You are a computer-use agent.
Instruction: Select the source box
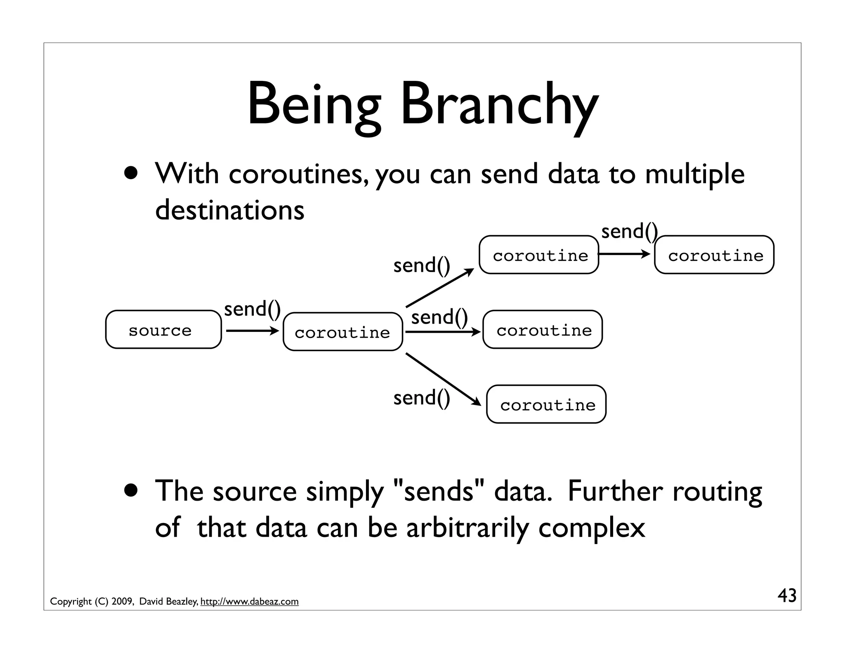pos(163,330)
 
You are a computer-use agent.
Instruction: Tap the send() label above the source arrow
pos(252,309)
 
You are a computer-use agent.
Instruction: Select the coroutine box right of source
pos(342,332)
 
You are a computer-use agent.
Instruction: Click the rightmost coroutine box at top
pos(714,255)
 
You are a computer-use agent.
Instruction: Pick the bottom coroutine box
pos(546,405)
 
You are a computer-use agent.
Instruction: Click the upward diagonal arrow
pos(440,288)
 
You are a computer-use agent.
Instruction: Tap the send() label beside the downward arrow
pos(421,398)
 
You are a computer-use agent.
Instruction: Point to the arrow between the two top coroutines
pos(624,254)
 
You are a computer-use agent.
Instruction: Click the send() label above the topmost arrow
pos(629,231)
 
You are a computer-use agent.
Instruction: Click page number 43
pos(786,596)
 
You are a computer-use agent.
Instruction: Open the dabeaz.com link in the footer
pos(249,602)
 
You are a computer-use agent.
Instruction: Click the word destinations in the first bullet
pos(229,210)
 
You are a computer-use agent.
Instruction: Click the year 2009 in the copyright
pos(121,602)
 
